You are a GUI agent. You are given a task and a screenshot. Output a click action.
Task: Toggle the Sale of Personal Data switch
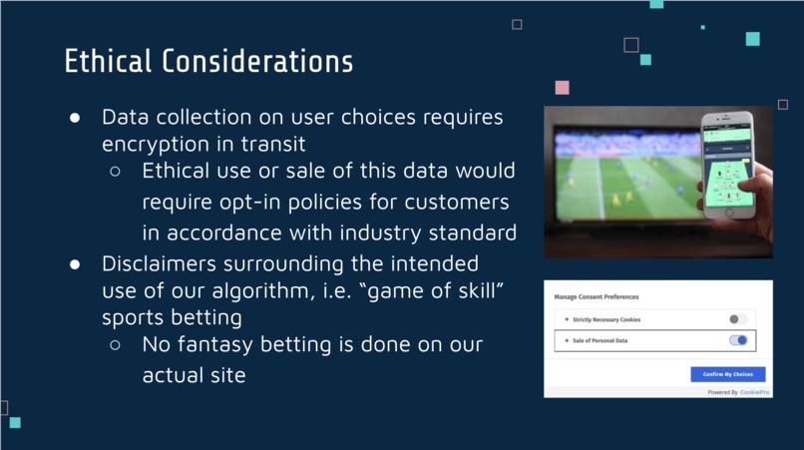738,340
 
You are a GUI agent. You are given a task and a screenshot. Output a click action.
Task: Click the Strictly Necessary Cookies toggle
738,319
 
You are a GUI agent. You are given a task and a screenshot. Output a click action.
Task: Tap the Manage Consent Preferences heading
597,297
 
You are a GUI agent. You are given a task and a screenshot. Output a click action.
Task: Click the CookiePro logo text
754,392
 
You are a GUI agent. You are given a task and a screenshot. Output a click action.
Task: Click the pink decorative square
563,88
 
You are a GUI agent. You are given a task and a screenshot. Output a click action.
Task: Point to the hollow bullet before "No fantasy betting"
116,345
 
